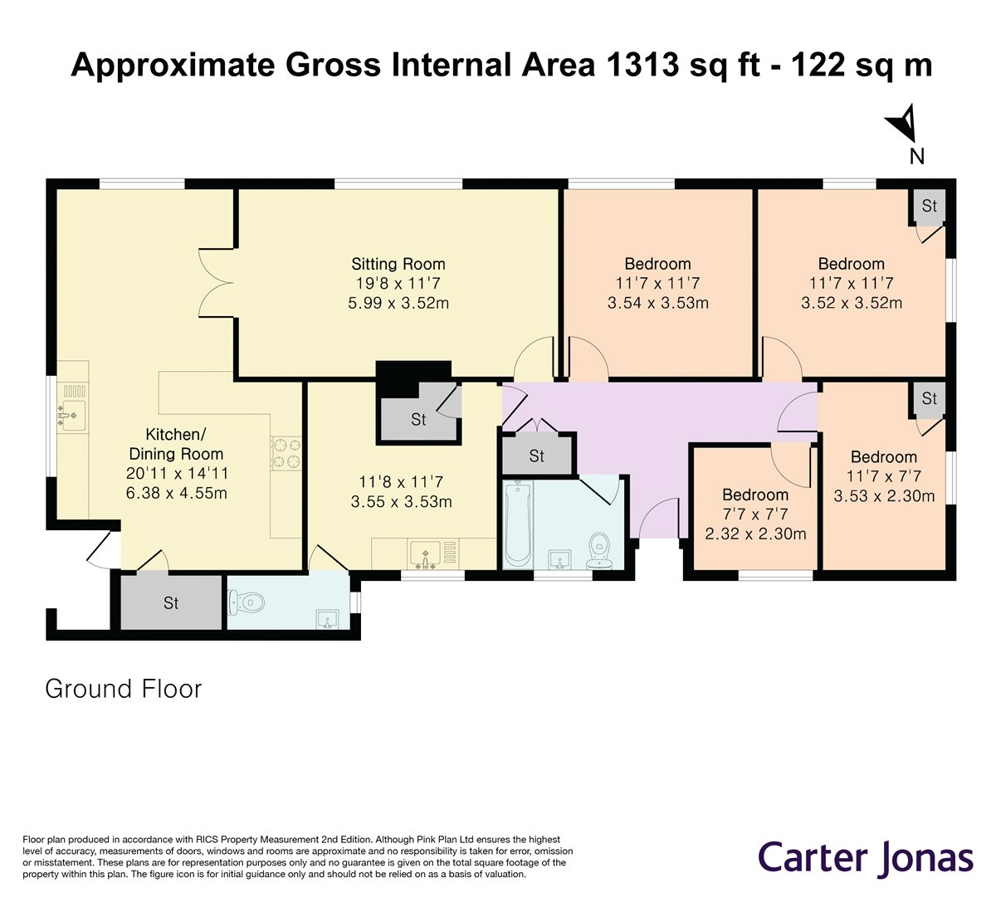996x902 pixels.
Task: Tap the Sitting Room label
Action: (x=398, y=264)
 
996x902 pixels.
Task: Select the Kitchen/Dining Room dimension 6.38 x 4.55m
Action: (x=176, y=493)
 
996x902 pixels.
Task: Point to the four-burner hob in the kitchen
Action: (x=286, y=453)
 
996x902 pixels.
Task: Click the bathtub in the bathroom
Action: (x=518, y=524)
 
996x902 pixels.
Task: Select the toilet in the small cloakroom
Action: (x=247, y=603)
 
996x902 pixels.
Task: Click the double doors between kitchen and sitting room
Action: (x=216, y=282)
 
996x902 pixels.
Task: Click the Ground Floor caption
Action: (x=124, y=689)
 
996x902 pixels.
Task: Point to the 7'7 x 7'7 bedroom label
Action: (x=755, y=514)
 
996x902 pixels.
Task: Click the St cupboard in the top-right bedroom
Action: (x=929, y=206)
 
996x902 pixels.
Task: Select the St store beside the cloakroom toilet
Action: (x=171, y=602)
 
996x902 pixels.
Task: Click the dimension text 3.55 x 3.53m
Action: (x=401, y=501)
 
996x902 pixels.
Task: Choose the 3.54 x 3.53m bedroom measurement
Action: (x=658, y=303)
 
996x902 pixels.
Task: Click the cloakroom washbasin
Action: (x=327, y=619)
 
